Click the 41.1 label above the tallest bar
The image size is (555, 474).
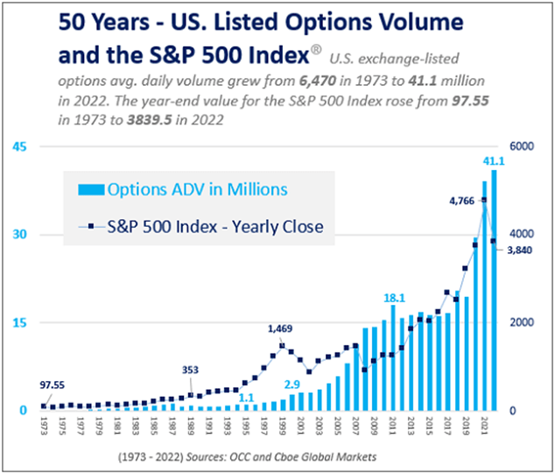coord(495,161)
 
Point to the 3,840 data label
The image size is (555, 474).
coord(517,251)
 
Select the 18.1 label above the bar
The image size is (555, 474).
coord(394,299)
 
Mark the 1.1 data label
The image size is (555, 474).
coord(247,398)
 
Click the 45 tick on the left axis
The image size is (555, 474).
coord(17,146)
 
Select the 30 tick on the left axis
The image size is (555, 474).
coord(17,235)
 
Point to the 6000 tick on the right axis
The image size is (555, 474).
coord(523,146)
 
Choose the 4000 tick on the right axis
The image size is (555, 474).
coord(523,235)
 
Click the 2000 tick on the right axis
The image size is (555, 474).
coord(523,322)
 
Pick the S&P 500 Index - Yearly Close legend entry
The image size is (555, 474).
coord(202,227)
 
